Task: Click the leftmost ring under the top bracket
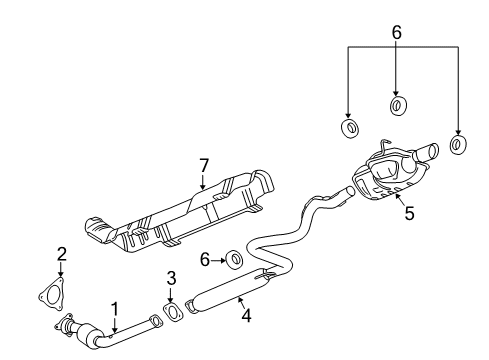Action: click(351, 128)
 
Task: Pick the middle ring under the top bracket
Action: click(397, 106)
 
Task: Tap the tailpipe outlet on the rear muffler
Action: click(429, 153)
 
